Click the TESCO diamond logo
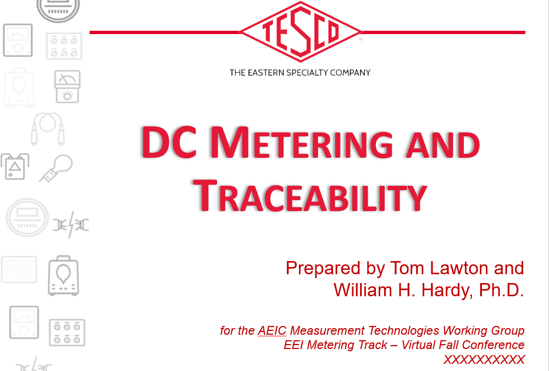coord(301,32)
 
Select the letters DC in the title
coord(169,142)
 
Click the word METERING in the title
coord(302,142)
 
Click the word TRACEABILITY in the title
coord(310,196)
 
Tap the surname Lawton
coord(459,268)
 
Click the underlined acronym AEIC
coord(272,331)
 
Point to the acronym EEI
coord(293,345)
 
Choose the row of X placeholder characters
coord(484,359)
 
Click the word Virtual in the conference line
coord(418,345)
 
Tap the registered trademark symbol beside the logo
coord(361,40)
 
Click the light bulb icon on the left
coord(56,169)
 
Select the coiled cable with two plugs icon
coord(48,129)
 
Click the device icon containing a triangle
coord(15,166)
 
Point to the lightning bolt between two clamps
coord(71,225)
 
